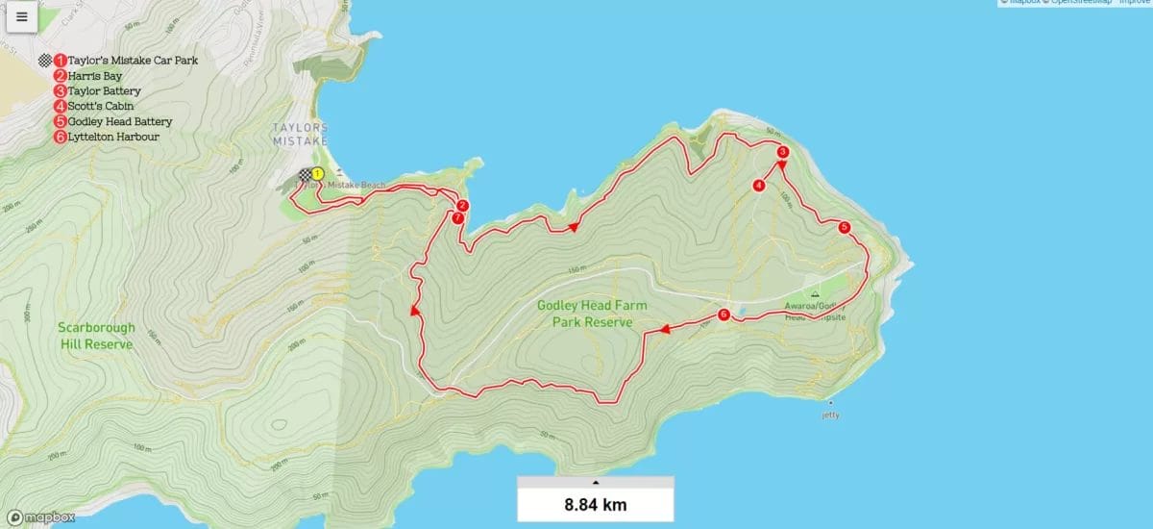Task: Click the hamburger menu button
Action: coord(21,16)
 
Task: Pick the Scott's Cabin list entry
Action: coord(100,107)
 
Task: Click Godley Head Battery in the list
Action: coord(119,122)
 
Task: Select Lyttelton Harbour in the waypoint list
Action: coord(112,138)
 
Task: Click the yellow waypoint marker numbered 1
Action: coord(318,174)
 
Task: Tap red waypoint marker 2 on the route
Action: coord(462,206)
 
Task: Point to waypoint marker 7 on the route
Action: coord(457,218)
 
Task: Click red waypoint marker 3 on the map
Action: coord(783,152)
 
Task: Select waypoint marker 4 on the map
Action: coord(759,186)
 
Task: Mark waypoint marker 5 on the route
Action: coord(844,228)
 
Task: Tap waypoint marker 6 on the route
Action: coord(724,315)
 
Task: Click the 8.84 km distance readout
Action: coord(595,503)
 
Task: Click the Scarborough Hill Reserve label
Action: coord(95,336)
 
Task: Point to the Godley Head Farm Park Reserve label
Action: coord(592,314)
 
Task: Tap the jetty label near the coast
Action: coord(830,415)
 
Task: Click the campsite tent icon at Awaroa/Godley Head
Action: coord(815,295)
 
